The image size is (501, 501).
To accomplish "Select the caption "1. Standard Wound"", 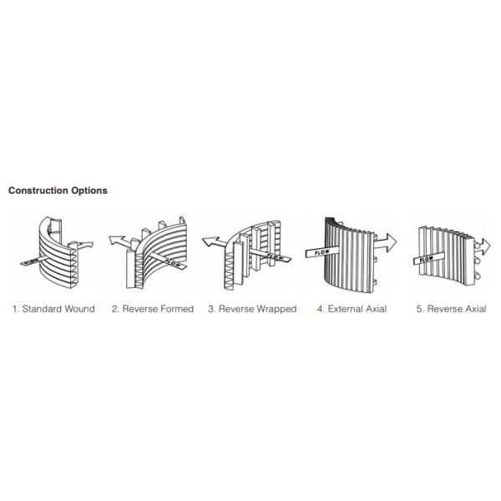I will (x=53, y=309).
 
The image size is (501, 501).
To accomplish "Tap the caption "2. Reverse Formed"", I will (x=153, y=309).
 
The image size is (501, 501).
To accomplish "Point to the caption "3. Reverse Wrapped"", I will (x=252, y=309).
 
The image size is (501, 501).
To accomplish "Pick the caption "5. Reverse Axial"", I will (x=451, y=309).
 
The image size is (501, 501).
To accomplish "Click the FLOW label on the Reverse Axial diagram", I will (x=426, y=260).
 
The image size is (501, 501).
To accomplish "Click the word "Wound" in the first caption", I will (x=79, y=309).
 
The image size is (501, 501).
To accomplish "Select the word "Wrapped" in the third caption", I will (x=277, y=309).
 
